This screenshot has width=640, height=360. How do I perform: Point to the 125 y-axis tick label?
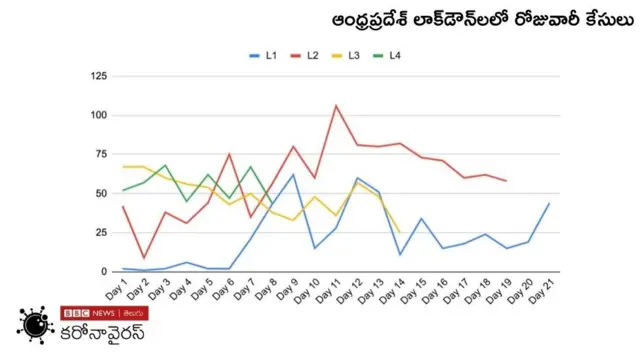[98, 76]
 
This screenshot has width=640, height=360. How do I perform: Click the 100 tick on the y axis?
[98, 115]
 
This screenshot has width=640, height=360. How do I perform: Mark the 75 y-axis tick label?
[101, 154]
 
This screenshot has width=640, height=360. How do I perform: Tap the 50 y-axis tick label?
[101, 193]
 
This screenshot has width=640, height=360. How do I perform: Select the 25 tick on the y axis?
[101, 232]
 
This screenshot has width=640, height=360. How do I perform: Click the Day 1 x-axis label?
[117, 291]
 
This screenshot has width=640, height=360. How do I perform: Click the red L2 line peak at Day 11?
[336, 105]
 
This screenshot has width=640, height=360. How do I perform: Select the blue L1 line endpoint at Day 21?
[549, 203]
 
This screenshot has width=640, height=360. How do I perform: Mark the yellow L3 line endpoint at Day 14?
[400, 232]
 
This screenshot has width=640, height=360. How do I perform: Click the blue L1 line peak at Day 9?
[293, 175]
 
